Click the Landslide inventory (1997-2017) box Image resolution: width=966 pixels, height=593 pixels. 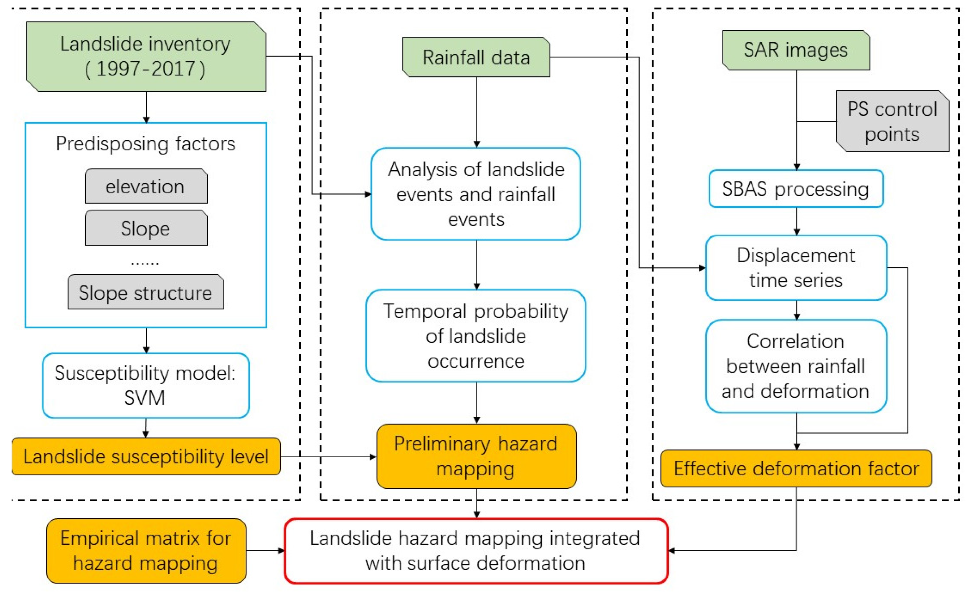(x=146, y=57)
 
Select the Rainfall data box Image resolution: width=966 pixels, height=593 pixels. (x=476, y=57)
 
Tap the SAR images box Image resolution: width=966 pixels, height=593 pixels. (x=796, y=50)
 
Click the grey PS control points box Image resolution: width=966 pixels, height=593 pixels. (x=892, y=121)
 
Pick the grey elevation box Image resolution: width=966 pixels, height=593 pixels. (x=146, y=186)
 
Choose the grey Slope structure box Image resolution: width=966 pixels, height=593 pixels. (x=146, y=292)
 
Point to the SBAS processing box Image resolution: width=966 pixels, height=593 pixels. (x=796, y=189)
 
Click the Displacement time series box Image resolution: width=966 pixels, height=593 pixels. (x=796, y=268)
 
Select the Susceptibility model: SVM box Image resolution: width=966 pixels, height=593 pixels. (x=146, y=385)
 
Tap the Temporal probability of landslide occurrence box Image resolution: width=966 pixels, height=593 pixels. (x=476, y=336)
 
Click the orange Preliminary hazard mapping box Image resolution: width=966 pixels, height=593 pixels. (x=476, y=456)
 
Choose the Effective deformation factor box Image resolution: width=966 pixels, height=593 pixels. (x=796, y=468)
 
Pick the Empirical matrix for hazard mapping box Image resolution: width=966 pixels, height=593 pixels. (x=146, y=551)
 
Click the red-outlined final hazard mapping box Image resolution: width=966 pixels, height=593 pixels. (x=476, y=551)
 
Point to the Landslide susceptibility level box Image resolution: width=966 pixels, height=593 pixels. (x=146, y=456)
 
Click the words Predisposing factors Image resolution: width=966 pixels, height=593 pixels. (x=146, y=144)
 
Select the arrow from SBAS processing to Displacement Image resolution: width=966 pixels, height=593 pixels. (x=796, y=222)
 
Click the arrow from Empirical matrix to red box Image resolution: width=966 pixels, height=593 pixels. (x=265, y=551)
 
